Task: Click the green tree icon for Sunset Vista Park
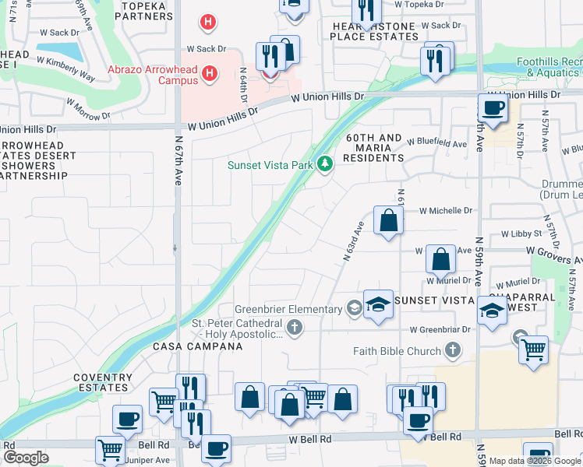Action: pyautogui.click(x=325, y=164)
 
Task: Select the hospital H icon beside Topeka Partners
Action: pyautogui.click(x=207, y=23)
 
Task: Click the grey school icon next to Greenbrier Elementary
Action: pyautogui.click(x=355, y=309)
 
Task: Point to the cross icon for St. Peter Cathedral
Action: pyautogui.click(x=295, y=328)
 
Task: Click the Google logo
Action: pyautogui.click(x=26, y=457)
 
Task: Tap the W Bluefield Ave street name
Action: pyautogui.click(x=436, y=144)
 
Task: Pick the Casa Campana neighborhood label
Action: pyautogui.click(x=192, y=346)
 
